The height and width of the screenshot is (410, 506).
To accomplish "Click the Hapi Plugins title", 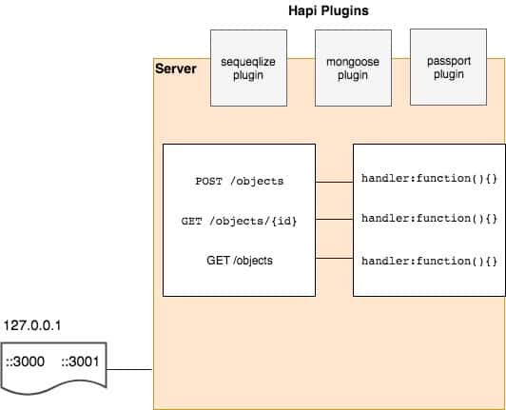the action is [328, 11].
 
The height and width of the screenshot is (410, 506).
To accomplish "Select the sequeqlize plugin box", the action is [248, 68].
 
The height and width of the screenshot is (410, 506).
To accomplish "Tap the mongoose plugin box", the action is [353, 68].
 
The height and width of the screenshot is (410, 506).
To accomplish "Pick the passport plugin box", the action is [448, 68].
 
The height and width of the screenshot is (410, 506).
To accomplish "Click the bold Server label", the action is [176, 68].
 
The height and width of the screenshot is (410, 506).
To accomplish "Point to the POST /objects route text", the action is [240, 181].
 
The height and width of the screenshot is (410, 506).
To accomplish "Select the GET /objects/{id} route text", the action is [239, 221].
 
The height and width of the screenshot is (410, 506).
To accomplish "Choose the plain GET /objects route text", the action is [240, 261].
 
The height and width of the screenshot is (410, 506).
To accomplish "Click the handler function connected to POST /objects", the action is [429, 179].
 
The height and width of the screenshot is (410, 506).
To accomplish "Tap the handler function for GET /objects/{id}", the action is [429, 219].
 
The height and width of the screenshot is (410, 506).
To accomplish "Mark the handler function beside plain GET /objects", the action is [429, 261].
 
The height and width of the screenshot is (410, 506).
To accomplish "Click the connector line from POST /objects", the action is [335, 182].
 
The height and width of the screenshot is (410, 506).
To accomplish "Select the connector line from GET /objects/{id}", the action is [335, 219].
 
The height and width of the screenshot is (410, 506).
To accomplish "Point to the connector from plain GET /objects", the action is [335, 258].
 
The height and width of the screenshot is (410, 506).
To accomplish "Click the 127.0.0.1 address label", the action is [32, 325].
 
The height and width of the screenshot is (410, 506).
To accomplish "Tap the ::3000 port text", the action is [25, 361].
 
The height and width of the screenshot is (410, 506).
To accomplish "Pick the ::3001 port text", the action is [80, 361].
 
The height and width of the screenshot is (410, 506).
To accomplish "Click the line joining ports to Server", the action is [129, 369].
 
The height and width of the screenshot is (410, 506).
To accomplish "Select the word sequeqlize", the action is [248, 62].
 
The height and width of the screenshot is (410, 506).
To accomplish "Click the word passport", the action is [449, 61].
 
